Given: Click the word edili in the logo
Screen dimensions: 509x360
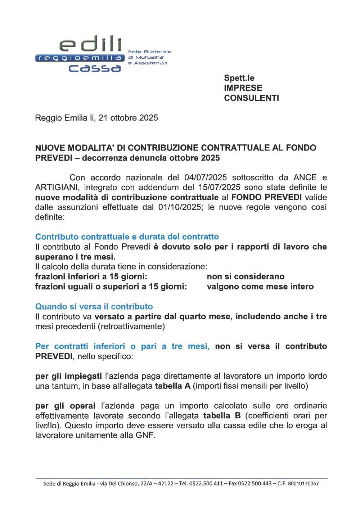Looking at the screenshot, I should tap(91, 44).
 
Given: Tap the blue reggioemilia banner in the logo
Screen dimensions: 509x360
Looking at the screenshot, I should tap(80, 58).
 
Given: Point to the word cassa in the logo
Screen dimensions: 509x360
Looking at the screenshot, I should tap(94, 68).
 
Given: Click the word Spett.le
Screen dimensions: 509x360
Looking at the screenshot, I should tap(239, 78).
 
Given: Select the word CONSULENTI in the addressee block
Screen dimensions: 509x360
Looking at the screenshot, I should tap(251, 98).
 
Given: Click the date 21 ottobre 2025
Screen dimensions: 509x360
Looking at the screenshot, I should tap(128, 118).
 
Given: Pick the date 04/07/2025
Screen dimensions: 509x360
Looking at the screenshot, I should tap(206, 177).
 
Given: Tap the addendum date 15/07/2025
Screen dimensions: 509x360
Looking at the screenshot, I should tap(219, 187).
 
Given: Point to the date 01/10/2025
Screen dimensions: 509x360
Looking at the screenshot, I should tap(180, 207).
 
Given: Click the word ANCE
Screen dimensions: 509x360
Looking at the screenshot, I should tap(305, 177).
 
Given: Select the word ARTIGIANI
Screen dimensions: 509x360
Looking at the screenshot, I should tap(57, 187).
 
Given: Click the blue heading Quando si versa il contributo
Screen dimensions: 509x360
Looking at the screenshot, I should tap(94, 306).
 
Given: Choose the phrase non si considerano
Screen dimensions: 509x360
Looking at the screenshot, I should tap(246, 276).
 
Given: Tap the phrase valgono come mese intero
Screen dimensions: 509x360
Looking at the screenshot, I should tap(260, 287).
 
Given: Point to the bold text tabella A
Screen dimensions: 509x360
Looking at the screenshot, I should tap(172, 386).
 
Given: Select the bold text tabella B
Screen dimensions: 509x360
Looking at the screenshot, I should tap(222, 415).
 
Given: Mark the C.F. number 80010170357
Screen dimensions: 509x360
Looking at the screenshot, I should tap(303, 483).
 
